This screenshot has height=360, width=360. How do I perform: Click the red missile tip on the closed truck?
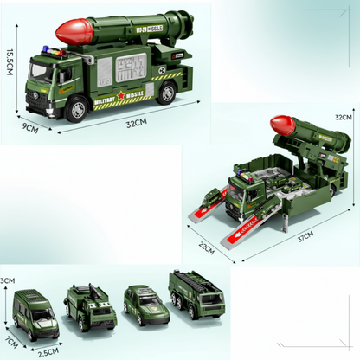[x=70, y=32]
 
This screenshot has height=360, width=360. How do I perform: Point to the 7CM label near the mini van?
[x=10, y=333]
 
